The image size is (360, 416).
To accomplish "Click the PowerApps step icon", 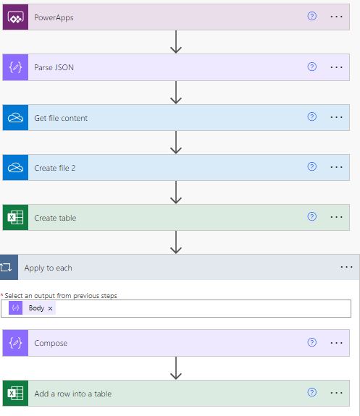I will click(15, 17).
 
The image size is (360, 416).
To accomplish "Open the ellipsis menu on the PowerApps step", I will click(336, 17).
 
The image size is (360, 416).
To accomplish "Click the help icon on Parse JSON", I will click(312, 67).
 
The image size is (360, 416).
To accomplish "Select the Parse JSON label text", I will click(54, 67).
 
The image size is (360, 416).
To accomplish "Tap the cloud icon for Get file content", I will click(15, 117).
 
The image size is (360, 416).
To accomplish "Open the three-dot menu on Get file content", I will click(336, 117).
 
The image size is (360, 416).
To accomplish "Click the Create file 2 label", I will click(55, 168).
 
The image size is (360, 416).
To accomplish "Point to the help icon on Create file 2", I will click(312, 167).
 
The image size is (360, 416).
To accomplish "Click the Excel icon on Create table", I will click(15, 218).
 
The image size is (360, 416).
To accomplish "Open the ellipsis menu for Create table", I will click(336, 218).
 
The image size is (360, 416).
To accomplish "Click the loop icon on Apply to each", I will click(9, 268).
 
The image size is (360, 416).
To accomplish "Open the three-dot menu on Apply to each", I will click(346, 268).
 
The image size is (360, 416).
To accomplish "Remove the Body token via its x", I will click(50, 308).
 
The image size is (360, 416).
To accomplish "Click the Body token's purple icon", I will click(16, 308).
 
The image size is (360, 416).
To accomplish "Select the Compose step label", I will click(51, 343).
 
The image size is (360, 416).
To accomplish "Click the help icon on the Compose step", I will click(312, 342).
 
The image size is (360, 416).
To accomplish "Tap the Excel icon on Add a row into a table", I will click(15, 394).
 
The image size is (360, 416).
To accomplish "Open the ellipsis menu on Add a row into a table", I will click(336, 394).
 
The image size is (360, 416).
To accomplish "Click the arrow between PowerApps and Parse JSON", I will click(175, 42).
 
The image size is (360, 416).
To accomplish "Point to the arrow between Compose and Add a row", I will click(175, 368).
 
